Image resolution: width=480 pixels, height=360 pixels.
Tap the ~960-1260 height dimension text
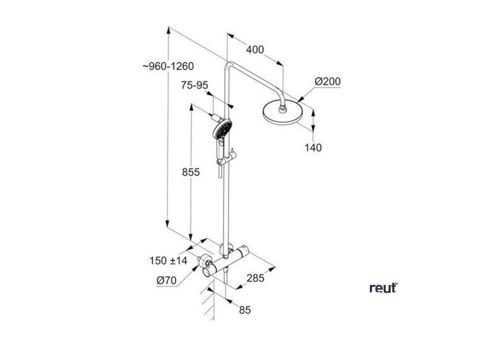168,67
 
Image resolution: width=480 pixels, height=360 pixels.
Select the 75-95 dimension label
195,85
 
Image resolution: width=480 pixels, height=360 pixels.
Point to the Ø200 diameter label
328,82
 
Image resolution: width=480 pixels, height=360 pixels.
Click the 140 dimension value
313,148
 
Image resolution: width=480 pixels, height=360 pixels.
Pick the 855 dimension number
191,172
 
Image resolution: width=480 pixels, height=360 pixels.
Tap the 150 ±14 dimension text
168,261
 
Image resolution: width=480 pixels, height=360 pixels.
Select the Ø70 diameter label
166,280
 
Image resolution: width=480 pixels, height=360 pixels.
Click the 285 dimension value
255,278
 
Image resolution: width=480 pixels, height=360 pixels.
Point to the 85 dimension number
245,310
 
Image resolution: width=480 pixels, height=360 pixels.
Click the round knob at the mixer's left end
206,272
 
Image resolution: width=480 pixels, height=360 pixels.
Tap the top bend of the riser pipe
228,65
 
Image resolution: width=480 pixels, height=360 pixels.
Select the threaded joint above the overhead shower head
283,108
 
